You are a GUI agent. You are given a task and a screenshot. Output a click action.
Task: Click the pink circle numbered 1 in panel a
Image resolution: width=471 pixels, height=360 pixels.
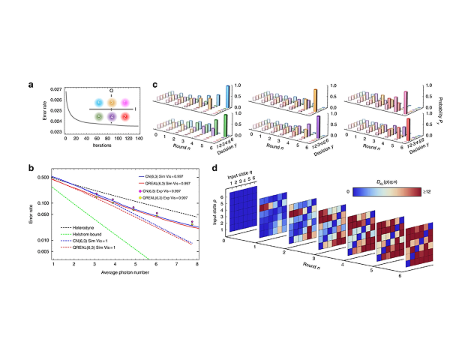pos(125,102)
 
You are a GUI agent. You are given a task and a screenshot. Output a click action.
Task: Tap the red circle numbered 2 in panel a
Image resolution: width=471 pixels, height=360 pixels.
pos(125,117)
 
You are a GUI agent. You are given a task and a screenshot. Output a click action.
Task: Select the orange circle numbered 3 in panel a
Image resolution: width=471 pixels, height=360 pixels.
pos(112,102)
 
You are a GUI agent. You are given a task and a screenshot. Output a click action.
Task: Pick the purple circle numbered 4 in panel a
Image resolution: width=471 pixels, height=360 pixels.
pos(112,117)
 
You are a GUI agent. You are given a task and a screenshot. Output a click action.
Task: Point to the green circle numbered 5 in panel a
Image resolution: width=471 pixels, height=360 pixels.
pos(98,117)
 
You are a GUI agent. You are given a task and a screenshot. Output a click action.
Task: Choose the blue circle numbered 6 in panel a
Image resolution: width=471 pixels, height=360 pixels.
pos(98,102)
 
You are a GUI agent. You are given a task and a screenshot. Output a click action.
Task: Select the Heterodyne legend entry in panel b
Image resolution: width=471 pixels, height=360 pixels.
pos(80,225)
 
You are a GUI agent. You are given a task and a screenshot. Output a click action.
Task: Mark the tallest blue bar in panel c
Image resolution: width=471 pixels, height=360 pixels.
pos(227,97)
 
